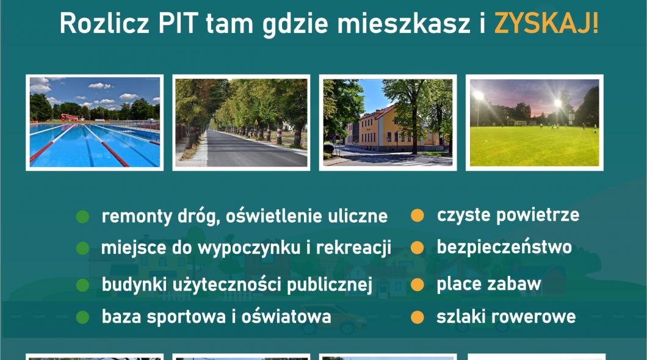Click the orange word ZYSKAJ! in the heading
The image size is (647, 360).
pyautogui.click(x=546, y=23)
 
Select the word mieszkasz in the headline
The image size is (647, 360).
pyautogui.click(x=404, y=23)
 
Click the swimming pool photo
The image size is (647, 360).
pyautogui.click(x=95, y=123)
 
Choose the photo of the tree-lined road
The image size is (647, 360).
pyautogui.click(x=241, y=123)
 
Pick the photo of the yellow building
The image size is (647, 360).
pyautogui.click(x=388, y=123)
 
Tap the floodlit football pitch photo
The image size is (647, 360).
pyautogui.click(x=534, y=123)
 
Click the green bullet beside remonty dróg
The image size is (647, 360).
pyautogui.click(x=82, y=217)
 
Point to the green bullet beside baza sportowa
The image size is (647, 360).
pyautogui.click(x=82, y=317)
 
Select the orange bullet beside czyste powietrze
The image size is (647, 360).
pyautogui.click(x=417, y=215)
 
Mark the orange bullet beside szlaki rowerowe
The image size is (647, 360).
pyautogui.click(x=417, y=317)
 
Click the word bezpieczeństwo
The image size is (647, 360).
pyautogui.click(x=504, y=247)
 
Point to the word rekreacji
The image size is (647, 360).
pyautogui.click(x=353, y=248)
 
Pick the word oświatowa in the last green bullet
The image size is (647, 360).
pyautogui.click(x=286, y=317)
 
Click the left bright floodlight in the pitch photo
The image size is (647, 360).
pyautogui.click(x=479, y=96)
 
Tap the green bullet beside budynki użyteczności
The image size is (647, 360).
pyautogui.click(x=82, y=285)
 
